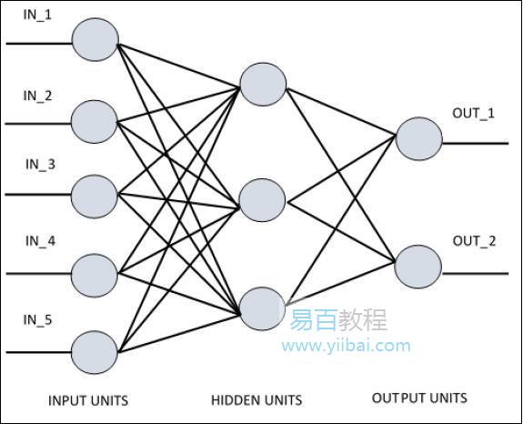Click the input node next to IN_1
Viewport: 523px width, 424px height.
(95, 42)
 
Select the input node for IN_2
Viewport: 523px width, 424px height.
(95, 120)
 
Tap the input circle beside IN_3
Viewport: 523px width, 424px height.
(95, 195)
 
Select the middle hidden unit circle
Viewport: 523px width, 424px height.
(263, 199)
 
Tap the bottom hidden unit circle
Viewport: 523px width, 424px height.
(263, 308)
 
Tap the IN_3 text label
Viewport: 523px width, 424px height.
(39, 165)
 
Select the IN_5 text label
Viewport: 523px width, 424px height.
(39, 319)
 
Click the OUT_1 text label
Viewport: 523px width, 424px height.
(474, 113)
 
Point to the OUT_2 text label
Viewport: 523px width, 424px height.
(474, 241)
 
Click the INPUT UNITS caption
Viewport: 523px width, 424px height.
(88, 400)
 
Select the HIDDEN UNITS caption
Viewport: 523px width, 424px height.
(256, 400)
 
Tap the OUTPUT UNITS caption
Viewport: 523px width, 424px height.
(420, 398)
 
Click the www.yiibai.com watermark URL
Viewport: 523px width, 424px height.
(346, 346)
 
